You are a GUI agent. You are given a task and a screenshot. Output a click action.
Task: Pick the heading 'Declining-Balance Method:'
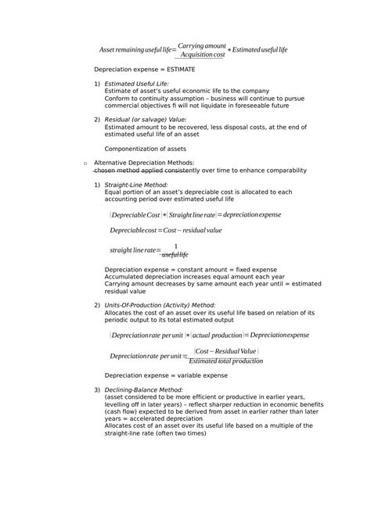point(143,389)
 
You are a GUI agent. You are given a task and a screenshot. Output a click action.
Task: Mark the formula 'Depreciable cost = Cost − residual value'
point(166,231)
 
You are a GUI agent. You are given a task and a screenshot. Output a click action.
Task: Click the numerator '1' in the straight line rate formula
point(175,246)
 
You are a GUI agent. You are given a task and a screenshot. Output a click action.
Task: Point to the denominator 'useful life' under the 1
point(175,255)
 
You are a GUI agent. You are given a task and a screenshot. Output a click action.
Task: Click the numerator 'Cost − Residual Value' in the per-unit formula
point(226,351)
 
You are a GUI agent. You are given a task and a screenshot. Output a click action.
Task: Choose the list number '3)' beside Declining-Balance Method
point(97,389)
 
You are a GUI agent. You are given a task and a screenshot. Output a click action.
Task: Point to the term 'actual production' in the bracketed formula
point(214,335)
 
